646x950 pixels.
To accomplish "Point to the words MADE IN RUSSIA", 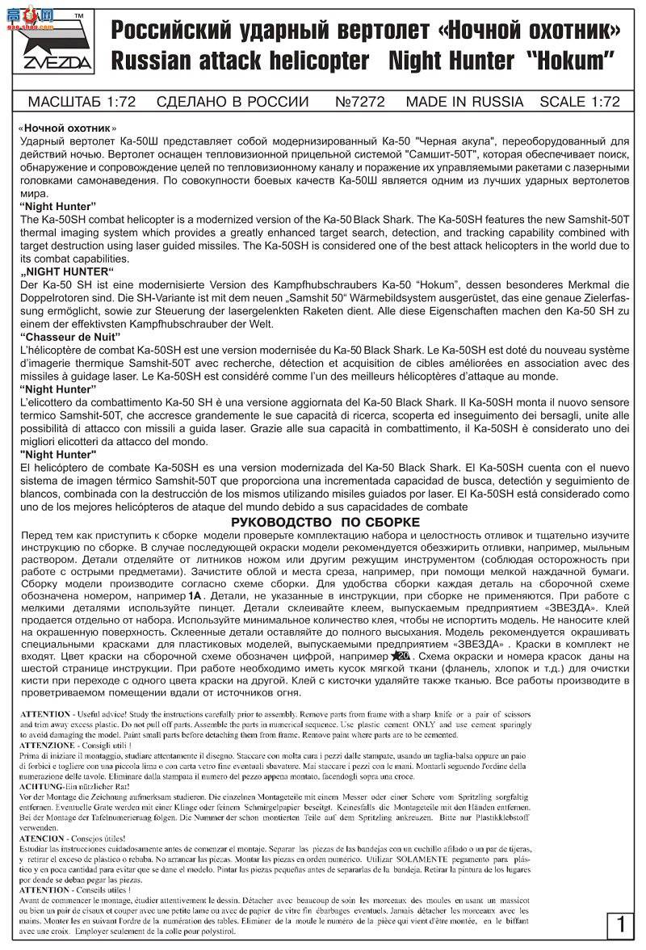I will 464,102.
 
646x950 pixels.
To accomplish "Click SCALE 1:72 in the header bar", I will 580,102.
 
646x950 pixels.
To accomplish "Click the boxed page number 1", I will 620,923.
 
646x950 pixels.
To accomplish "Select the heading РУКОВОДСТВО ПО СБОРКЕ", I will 325,522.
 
